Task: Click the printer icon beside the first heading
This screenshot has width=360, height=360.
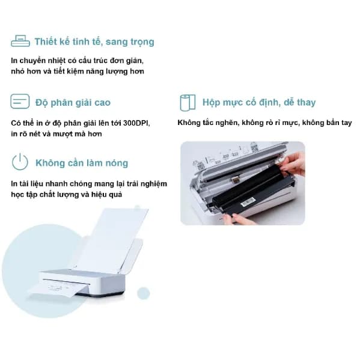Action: point(20,41)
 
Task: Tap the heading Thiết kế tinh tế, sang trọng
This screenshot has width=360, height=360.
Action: point(94,41)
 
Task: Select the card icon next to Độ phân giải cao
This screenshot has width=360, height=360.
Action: point(20,102)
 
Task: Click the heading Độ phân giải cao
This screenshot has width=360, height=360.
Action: point(73,102)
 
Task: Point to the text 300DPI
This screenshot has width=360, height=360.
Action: point(135,123)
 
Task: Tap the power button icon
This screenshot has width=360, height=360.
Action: point(20,162)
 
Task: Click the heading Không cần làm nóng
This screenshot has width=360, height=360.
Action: point(81,163)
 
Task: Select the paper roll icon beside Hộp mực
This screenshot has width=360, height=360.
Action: point(187,102)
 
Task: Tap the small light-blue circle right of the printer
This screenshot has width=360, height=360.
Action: point(143,293)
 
